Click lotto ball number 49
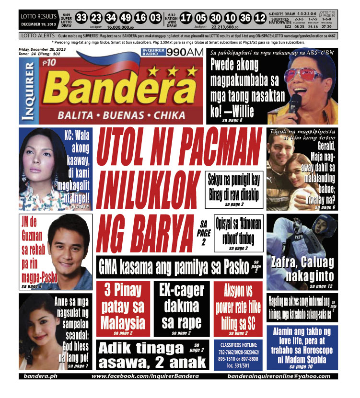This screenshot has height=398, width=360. click(x=126, y=18)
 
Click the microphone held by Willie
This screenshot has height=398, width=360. click(x=294, y=102)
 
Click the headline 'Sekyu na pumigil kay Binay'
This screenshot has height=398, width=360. click(x=233, y=185)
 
